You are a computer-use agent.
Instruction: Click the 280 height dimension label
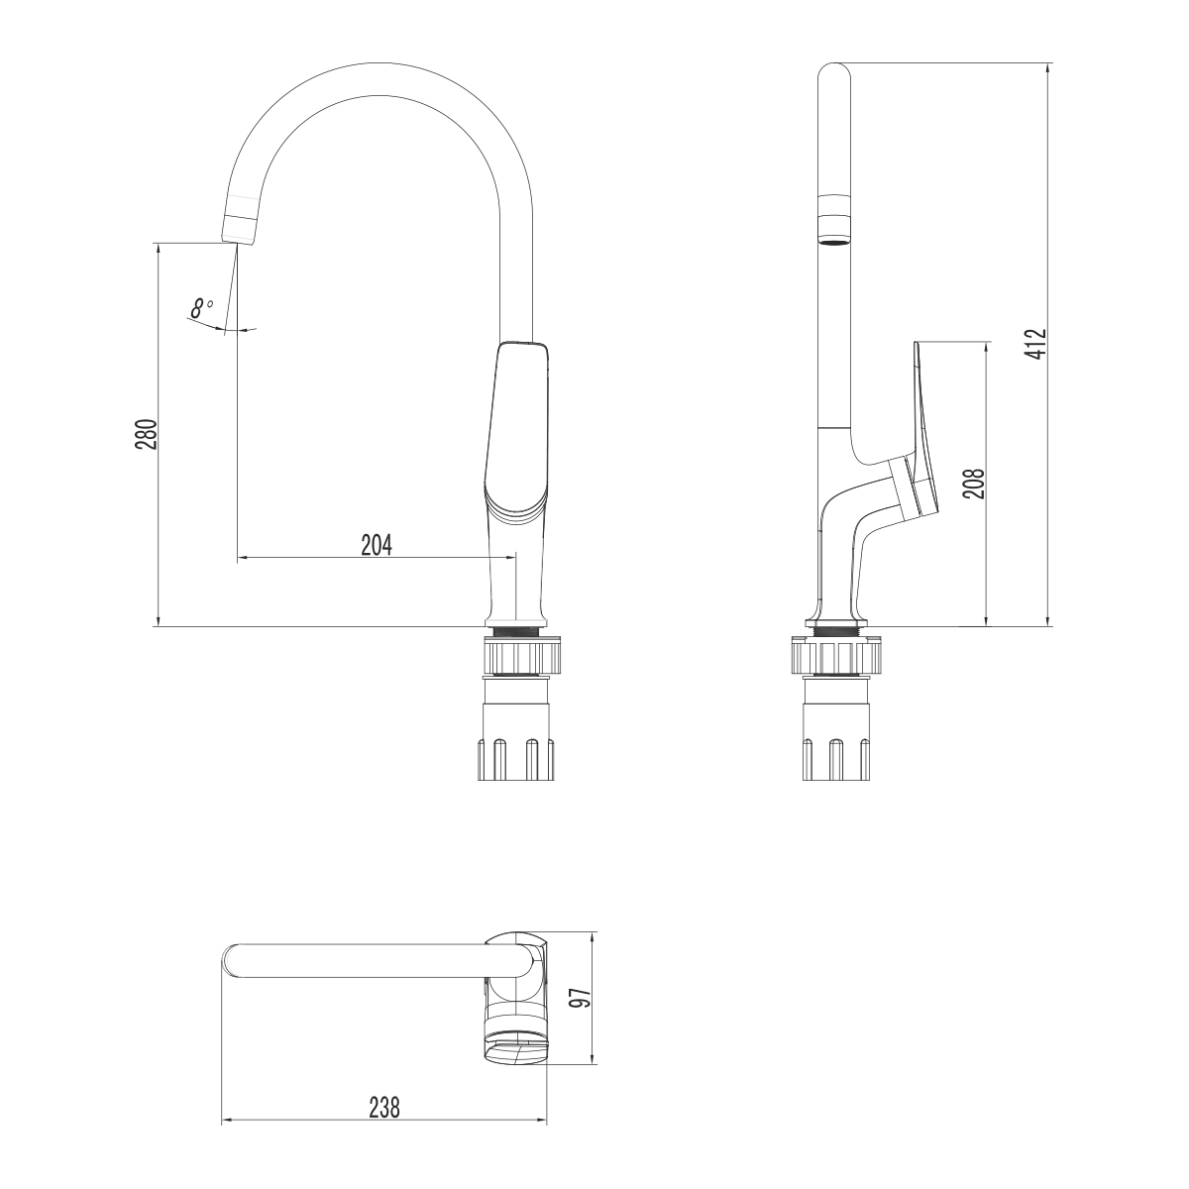(145, 435)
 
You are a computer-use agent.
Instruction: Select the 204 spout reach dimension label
(377, 544)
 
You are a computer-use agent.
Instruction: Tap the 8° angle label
(201, 308)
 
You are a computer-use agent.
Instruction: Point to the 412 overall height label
(1035, 344)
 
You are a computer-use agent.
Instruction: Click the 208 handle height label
(973, 484)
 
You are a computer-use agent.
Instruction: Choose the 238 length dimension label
(383, 1108)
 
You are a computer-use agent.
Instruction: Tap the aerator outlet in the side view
(834, 238)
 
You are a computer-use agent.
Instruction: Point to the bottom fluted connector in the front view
(517, 757)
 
